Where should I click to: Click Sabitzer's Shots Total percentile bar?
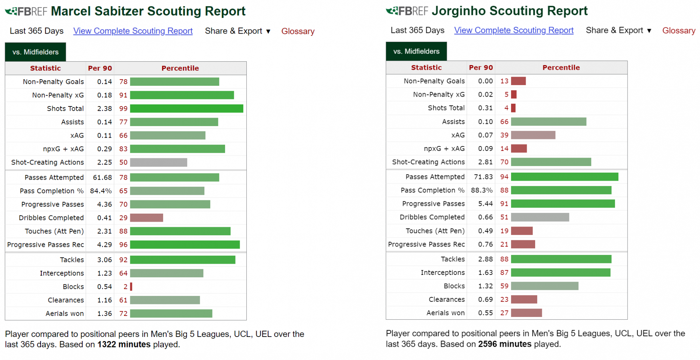click(187, 109)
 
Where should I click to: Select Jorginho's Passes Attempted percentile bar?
click(564, 177)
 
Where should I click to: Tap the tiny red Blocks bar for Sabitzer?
click(131, 287)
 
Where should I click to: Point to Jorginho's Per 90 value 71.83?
click(483, 177)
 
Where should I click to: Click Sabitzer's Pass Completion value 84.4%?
click(101, 191)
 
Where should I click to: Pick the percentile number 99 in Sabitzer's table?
click(123, 109)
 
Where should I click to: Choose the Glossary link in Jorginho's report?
click(678, 30)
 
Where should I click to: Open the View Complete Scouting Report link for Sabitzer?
click(133, 31)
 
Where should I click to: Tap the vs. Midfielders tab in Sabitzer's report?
click(35, 52)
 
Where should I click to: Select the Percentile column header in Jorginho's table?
click(561, 68)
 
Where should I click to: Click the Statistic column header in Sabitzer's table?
click(45, 68)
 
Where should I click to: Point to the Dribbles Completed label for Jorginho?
click(432, 217)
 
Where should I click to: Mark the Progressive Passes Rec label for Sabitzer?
click(45, 245)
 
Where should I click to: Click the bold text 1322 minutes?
click(124, 345)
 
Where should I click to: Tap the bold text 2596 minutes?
click(505, 344)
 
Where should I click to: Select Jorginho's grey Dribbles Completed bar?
click(540, 217)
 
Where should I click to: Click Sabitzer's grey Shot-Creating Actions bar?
click(159, 162)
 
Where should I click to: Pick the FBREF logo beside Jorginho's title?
click(407, 11)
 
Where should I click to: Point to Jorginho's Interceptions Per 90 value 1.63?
click(485, 273)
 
